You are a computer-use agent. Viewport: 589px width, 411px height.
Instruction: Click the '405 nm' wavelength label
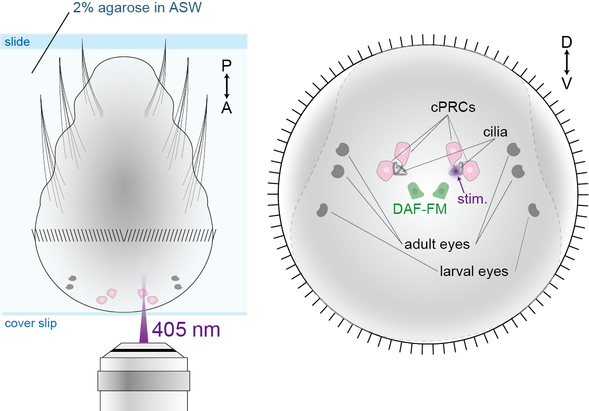186,329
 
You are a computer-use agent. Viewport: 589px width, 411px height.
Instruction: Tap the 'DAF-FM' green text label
420,209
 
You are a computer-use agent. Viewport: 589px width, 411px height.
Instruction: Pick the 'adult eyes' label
437,244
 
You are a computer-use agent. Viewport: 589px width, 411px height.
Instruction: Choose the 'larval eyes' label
474,271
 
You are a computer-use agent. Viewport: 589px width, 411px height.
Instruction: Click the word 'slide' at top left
17,42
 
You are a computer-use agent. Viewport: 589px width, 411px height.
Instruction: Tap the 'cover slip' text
31,324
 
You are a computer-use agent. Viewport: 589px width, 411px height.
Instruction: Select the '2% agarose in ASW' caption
137,9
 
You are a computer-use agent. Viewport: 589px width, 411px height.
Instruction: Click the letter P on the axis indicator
227,66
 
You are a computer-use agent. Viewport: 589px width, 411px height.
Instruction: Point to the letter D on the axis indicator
567,43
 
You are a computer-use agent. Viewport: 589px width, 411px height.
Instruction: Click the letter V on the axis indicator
567,84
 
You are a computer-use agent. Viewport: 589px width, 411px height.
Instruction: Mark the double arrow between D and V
567,63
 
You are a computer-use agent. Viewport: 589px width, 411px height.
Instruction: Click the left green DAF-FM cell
414,190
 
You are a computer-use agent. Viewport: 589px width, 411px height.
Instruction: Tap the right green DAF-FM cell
440,189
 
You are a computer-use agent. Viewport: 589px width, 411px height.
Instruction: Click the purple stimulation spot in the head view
455,171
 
